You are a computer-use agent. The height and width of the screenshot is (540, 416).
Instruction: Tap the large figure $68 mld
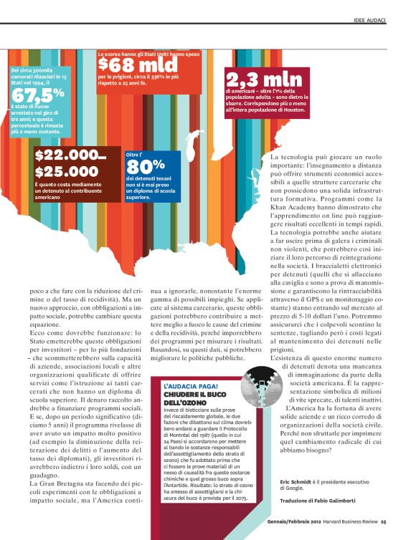coord(138,65)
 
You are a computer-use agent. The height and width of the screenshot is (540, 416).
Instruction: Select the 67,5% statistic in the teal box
coord(37,94)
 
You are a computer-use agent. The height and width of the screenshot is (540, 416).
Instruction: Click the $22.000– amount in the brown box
coord(70,156)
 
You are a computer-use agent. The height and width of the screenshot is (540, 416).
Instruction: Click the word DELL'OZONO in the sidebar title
coord(181,402)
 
